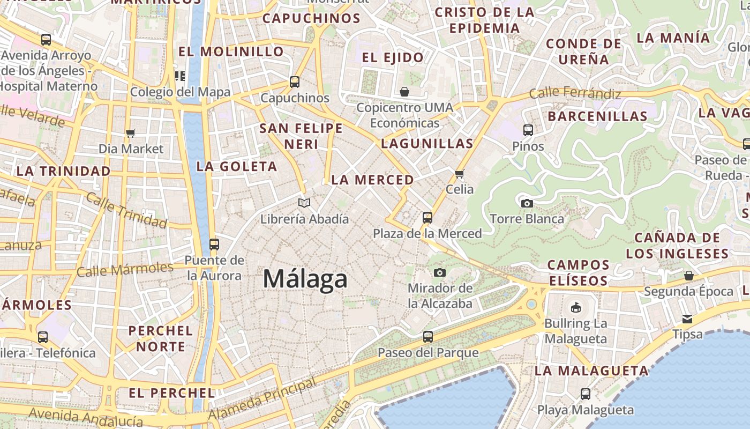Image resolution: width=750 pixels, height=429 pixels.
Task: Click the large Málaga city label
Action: point(305,279)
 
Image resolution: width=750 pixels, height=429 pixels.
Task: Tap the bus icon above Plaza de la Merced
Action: point(427,218)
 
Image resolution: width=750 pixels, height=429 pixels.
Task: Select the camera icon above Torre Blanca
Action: point(527,203)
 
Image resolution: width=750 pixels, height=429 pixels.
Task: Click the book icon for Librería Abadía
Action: point(304,203)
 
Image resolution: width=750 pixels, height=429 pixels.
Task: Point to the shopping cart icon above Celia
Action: point(459,174)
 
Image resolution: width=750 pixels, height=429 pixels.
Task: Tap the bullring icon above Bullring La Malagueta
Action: point(576,307)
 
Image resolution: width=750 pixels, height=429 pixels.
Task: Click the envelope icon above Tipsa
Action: point(687,319)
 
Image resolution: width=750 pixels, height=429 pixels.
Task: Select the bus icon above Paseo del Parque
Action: point(427,337)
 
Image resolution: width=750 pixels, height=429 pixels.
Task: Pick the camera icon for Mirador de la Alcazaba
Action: point(440,272)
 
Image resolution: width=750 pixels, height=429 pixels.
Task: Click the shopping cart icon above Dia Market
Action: point(131,133)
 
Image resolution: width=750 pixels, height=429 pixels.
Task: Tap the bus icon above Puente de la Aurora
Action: point(214,245)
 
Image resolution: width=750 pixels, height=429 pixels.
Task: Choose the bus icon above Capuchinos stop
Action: point(295,82)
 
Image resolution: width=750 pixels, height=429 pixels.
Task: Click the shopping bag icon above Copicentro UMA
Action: point(404,92)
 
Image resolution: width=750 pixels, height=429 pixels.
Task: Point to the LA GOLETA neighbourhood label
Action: point(237,167)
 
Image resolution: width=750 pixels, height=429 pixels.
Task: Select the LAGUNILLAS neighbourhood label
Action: point(427,144)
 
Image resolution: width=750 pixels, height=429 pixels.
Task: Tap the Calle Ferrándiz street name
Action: point(575,93)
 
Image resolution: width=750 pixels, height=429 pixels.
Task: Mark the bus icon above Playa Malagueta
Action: point(585,394)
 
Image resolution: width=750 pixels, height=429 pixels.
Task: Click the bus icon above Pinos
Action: point(528,130)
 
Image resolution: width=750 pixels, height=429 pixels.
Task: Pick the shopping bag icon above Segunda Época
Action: point(689,276)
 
